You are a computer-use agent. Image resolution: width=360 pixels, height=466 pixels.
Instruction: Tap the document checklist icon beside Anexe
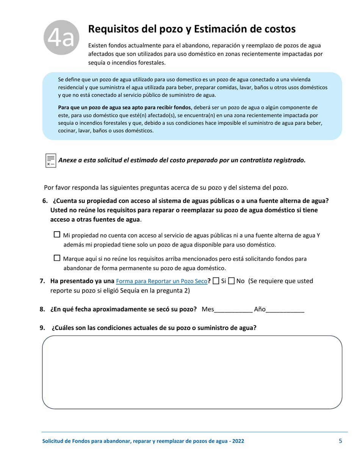point(51,160)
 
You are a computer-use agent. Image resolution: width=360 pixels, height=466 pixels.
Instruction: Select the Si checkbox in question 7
point(216,281)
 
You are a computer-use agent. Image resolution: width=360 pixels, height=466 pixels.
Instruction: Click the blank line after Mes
point(233,310)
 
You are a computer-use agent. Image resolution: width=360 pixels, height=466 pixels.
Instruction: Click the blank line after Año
point(285,310)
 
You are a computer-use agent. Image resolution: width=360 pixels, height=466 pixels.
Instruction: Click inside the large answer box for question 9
point(192,372)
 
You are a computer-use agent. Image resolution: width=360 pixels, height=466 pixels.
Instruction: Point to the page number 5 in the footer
point(341,441)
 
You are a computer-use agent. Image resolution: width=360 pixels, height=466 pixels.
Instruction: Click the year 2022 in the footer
point(238,441)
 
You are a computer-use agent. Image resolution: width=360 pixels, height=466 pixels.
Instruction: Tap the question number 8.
point(42,310)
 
